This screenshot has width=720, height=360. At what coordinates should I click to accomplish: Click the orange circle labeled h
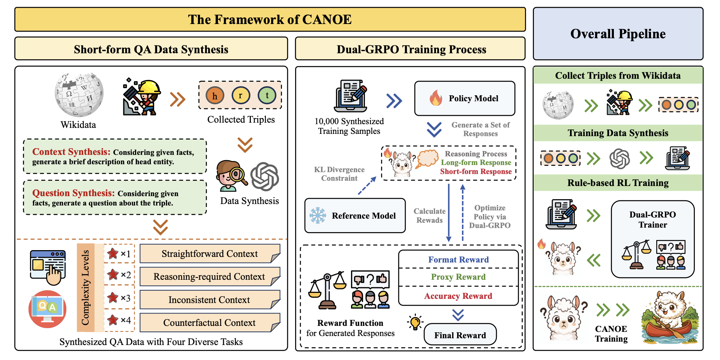(215, 95)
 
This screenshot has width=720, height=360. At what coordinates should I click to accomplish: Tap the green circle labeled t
(267, 95)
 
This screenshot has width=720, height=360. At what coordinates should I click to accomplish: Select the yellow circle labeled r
(241, 95)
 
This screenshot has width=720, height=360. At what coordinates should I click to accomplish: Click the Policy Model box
(465, 98)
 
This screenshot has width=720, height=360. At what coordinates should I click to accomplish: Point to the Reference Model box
(355, 216)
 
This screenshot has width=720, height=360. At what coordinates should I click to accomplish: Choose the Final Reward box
(460, 335)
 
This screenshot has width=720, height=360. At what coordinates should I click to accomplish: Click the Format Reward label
(458, 259)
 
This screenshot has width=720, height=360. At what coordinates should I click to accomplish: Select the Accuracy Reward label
(458, 296)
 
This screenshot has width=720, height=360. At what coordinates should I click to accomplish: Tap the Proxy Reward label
(458, 277)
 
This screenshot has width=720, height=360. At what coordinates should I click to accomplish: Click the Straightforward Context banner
(210, 254)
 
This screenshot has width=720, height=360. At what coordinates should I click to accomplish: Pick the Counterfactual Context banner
(210, 322)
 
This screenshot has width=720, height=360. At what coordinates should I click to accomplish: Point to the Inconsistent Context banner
(210, 300)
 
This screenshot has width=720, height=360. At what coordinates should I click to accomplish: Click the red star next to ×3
(112, 298)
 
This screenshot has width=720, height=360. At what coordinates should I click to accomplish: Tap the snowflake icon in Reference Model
(318, 216)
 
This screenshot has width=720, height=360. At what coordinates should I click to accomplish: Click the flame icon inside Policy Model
(436, 98)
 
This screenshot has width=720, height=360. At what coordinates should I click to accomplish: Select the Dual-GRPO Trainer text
(652, 220)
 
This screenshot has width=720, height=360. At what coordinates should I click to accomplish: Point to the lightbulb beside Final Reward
(415, 322)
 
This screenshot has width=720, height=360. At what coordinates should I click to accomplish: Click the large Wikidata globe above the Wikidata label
(79, 95)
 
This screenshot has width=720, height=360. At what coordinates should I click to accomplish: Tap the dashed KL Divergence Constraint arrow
(367, 186)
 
